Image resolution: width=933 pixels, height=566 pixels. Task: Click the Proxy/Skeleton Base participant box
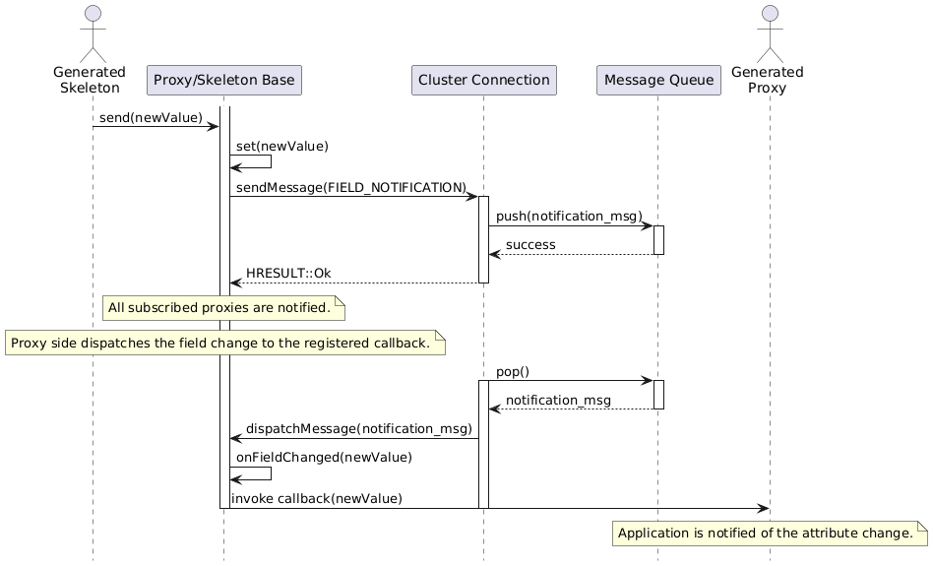[224, 81]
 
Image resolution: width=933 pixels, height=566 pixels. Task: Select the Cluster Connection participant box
[484, 81]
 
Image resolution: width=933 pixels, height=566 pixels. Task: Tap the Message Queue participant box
[658, 81]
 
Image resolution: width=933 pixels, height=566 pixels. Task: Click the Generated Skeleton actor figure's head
[93, 14]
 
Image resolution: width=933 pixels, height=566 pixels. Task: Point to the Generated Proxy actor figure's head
[770, 14]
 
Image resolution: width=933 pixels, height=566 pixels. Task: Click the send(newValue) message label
[151, 117]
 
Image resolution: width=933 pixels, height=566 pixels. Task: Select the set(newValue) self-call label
[282, 146]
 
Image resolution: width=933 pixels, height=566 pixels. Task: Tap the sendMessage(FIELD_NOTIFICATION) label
[351, 187]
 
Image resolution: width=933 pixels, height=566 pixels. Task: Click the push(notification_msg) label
[570, 216]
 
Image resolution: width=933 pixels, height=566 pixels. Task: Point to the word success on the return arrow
[530, 245]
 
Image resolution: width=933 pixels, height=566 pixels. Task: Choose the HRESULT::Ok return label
[288, 274]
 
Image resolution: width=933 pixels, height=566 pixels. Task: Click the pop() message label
[513, 371]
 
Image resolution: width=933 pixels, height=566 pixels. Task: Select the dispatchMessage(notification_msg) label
[359, 428]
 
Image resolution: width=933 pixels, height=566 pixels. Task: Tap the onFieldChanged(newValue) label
[325, 457]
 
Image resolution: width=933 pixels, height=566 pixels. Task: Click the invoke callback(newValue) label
[317, 498]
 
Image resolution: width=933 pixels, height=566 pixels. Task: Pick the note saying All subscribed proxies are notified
[223, 308]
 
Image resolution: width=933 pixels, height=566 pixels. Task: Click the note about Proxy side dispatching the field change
[225, 344]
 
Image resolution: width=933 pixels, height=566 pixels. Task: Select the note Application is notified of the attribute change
[770, 534]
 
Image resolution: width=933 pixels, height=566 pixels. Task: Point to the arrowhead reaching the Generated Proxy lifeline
[764, 508]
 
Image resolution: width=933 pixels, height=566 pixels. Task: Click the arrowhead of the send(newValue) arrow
[214, 126]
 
